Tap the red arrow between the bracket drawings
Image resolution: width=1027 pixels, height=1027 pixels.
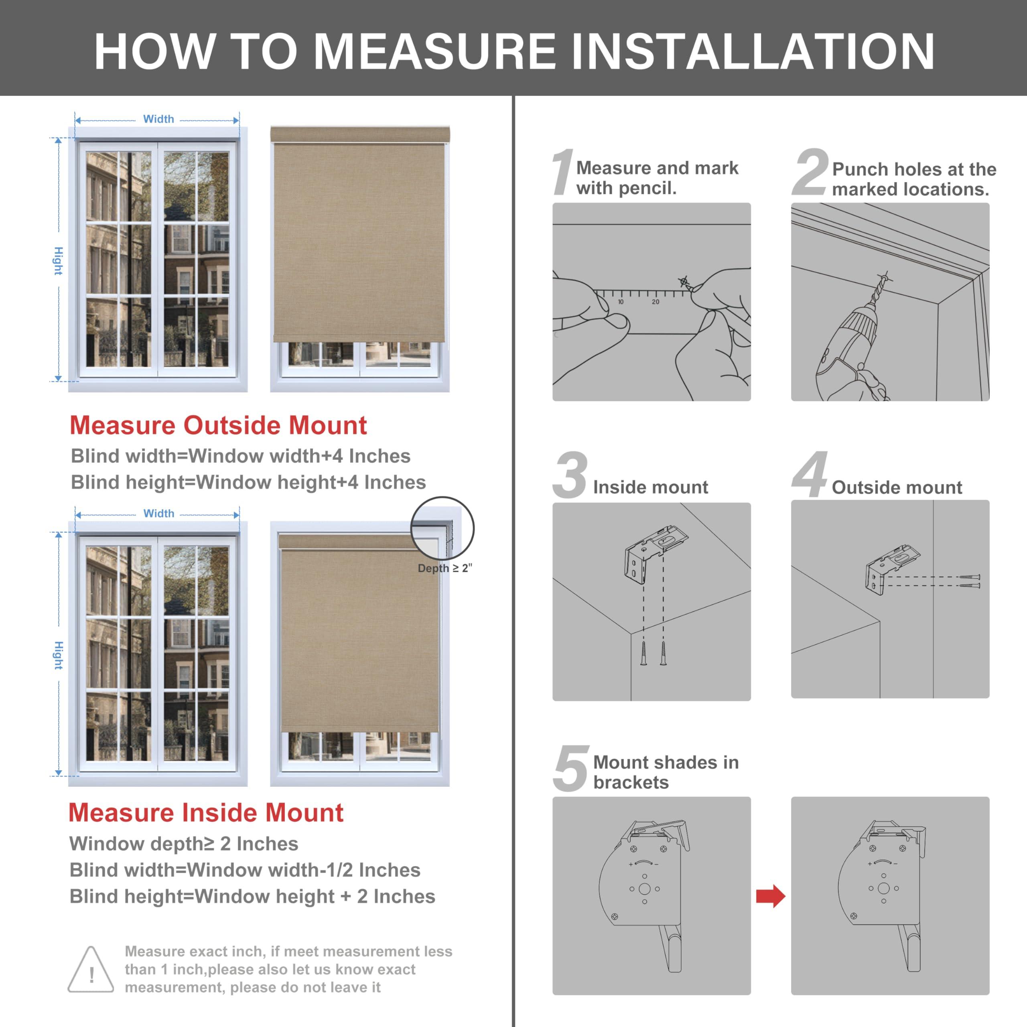tap(770, 896)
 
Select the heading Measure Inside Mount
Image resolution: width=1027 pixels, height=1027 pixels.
tap(206, 812)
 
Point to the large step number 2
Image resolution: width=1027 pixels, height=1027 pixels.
tap(810, 173)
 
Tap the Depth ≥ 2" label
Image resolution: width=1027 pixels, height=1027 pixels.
tap(444, 568)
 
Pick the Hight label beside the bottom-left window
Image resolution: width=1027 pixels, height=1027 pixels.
tap(59, 655)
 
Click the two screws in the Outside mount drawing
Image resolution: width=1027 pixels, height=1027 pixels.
tap(969, 581)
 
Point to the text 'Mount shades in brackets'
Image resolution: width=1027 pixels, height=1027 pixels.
tap(666, 772)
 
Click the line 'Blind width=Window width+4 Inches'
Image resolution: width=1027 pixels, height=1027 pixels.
tap(240, 456)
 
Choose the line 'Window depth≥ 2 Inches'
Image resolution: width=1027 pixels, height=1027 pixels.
tap(183, 844)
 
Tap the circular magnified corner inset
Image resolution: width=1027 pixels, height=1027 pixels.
tap(442, 528)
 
